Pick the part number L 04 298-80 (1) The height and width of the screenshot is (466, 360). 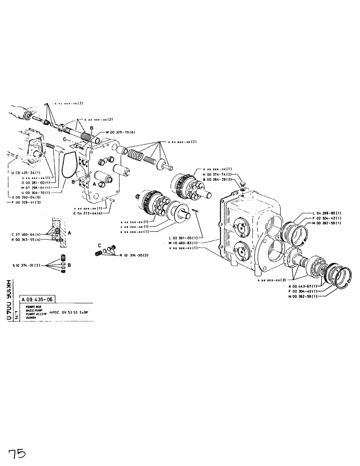tap(324, 213)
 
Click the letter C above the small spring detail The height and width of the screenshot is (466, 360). tap(99, 245)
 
